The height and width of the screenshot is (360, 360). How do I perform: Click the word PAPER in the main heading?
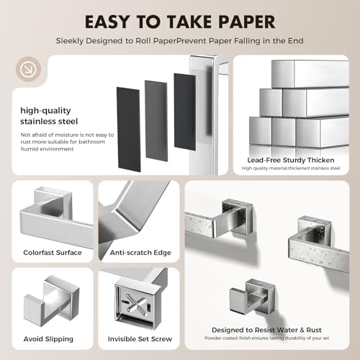246,22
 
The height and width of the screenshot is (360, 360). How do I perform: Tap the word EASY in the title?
107,22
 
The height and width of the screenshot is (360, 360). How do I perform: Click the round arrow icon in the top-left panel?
28,69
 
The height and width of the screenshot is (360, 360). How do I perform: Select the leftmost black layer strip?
128,129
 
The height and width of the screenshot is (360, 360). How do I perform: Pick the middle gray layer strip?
156,121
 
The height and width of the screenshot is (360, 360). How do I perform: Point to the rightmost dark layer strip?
185,112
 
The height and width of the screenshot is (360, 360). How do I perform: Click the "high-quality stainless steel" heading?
49,116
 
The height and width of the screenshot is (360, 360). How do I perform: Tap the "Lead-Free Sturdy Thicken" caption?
291,160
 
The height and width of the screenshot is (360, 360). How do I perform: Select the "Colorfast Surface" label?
53,253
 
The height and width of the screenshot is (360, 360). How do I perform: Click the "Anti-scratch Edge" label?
140,253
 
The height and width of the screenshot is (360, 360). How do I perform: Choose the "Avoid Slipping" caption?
48,339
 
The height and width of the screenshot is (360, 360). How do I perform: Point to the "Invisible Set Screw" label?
140,339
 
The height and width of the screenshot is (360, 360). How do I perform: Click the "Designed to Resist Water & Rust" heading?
266,330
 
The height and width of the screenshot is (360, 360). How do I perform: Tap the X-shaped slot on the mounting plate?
135,303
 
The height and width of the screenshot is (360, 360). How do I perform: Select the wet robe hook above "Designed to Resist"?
253,297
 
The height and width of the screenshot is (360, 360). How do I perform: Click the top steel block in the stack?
310,74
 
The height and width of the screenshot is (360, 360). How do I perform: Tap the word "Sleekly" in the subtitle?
70,41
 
